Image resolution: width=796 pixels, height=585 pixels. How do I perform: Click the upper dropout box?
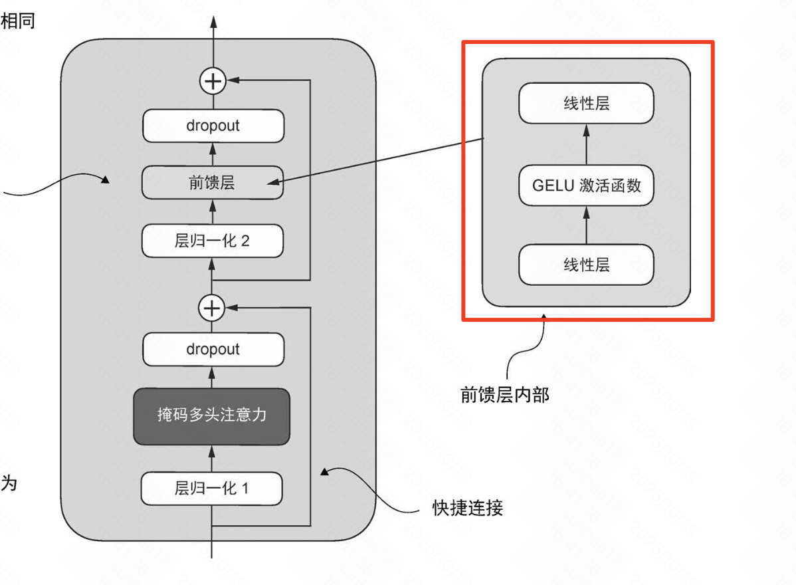(213, 126)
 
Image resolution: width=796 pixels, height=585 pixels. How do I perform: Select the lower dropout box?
(213, 349)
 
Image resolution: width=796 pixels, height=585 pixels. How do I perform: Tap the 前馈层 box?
(213, 183)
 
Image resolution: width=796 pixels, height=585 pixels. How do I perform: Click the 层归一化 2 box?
(213, 241)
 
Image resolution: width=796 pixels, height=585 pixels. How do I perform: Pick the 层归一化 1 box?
(211, 489)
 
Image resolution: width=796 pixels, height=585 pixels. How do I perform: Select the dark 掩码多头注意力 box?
(212, 415)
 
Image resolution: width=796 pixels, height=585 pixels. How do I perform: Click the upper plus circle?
(213, 81)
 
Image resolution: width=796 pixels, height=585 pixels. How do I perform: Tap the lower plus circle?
(212, 308)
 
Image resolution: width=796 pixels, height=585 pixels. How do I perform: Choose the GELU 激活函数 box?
(586, 185)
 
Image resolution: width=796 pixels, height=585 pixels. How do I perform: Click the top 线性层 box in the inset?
(586, 103)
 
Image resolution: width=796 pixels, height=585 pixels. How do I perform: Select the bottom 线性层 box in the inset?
(586, 265)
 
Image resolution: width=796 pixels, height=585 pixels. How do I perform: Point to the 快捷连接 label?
(468, 509)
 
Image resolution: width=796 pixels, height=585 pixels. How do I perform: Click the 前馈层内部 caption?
(505, 394)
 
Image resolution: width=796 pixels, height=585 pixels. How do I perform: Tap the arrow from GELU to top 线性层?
(586, 144)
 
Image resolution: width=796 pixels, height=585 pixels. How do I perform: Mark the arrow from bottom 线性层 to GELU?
(586, 225)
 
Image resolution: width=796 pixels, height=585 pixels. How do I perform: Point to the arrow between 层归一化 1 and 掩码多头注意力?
(212, 459)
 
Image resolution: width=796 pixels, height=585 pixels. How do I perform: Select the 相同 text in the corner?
(18, 21)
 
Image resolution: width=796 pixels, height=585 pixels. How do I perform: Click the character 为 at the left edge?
(9, 483)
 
